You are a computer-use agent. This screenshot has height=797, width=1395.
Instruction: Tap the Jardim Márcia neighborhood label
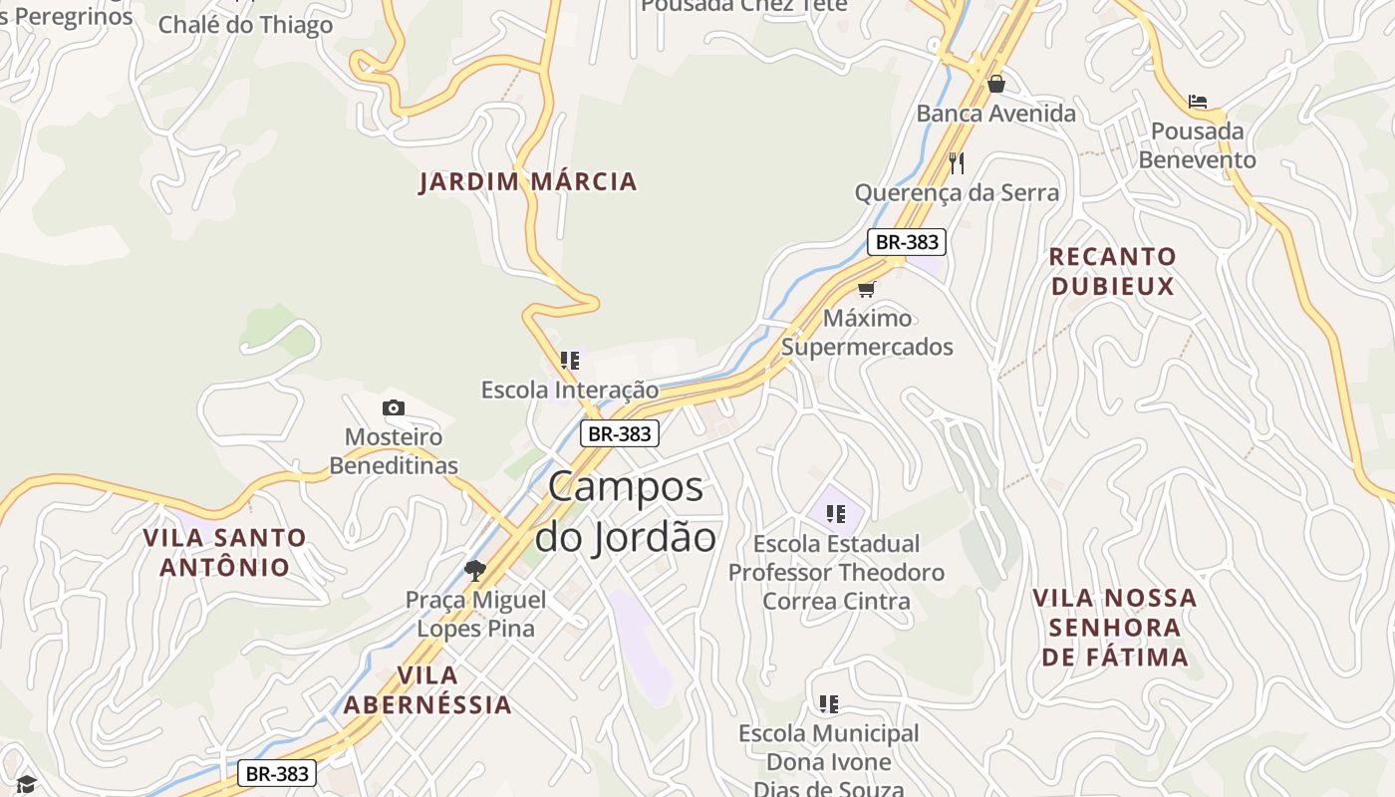click(527, 181)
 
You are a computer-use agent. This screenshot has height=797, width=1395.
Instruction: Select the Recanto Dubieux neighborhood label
click(1112, 271)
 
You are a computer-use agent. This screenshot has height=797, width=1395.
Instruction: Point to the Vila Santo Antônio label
click(225, 552)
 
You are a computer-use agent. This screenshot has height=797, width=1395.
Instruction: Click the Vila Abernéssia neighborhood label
click(427, 689)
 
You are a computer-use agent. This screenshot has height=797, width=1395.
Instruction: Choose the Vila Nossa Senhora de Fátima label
click(1114, 627)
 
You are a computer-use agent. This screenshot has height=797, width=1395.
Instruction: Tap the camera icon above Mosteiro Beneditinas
click(394, 407)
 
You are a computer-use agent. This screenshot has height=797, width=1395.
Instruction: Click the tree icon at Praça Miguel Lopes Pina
click(475, 570)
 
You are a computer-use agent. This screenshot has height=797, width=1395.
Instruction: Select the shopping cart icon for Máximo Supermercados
click(866, 289)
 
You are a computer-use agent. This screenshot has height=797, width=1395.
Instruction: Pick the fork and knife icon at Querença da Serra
click(956, 162)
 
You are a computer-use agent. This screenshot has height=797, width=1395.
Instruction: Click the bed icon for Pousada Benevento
click(1198, 102)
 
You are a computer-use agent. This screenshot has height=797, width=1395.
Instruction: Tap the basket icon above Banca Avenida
click(995, 84)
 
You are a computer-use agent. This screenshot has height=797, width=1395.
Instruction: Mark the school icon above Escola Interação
click(570, 360)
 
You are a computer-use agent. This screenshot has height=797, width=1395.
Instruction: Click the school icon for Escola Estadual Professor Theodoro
click(836, 514)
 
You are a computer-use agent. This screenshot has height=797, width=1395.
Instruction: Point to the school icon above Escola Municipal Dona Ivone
click(828, 704)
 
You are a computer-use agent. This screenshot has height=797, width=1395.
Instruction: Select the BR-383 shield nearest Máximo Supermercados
click(906, 241)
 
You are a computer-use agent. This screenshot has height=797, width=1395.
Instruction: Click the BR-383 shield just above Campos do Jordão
click(620, 433)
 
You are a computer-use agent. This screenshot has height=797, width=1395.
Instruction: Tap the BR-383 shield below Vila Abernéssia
click(277, 773)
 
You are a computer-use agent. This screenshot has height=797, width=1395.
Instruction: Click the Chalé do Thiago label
click(245, 25)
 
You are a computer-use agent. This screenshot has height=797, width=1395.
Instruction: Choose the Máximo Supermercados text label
click(867, 333)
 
